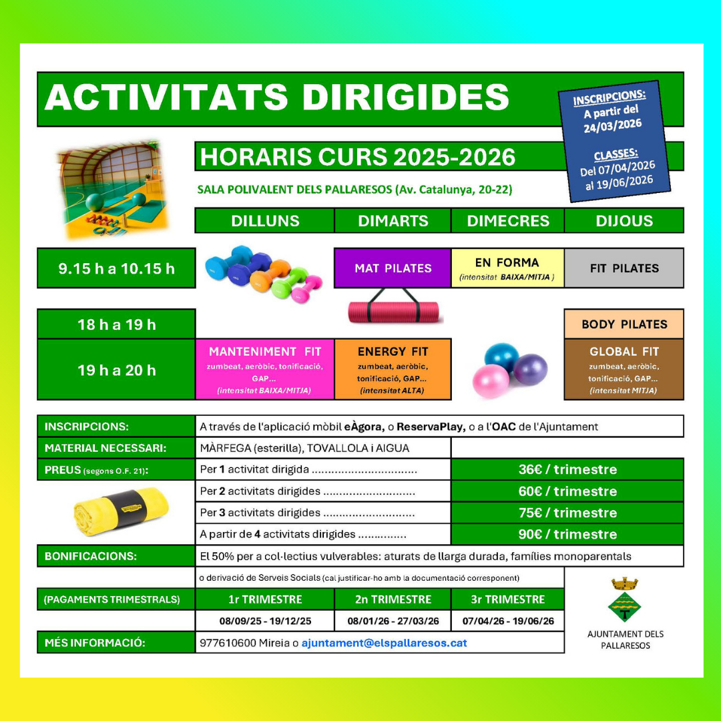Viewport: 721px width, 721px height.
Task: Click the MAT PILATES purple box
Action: [x=393, y=268]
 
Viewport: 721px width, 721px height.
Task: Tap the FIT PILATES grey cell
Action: [x=624, y=268]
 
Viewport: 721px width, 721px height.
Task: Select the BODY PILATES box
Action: [x=624, y=324]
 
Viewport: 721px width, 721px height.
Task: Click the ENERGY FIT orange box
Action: [x=393, y=369]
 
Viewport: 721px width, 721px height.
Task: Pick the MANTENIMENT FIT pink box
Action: [x=265, y=369]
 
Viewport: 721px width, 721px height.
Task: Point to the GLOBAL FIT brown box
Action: [x=624, y=369]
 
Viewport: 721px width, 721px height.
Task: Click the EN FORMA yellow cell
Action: [x=507, y=268]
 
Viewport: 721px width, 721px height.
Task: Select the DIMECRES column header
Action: [x=507, y=220]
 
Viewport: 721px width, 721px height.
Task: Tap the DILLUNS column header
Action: [x=265, y=220]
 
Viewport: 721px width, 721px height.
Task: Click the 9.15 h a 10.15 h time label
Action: [x=116, y=268]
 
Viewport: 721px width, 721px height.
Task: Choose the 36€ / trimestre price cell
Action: [x=567, y=469]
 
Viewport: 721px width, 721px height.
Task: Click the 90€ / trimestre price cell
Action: [x=567, y=534]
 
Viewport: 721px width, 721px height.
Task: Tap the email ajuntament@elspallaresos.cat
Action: [x=384, y=643]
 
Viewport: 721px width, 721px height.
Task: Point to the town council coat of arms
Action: [x=625, y=599]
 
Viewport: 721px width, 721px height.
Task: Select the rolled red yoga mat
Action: [x=394, y=310]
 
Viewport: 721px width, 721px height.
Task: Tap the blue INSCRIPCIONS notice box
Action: [x=616, y=142]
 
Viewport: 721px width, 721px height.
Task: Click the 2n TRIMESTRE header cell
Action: [x=393, y=599]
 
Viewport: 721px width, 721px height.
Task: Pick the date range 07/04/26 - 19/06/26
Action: [x=507, y=621]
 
